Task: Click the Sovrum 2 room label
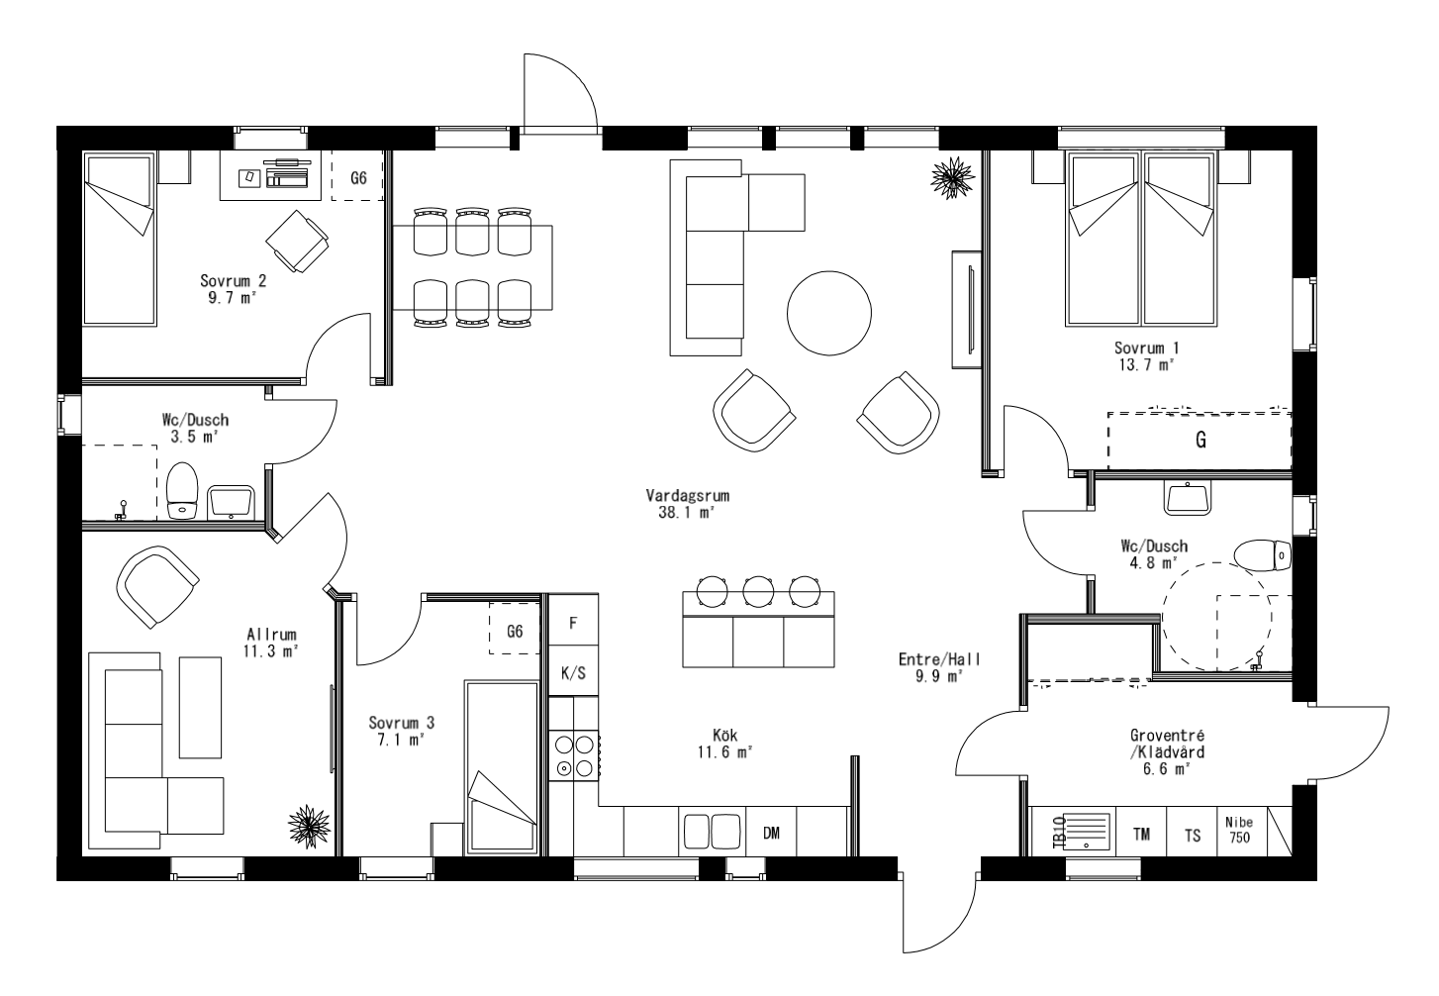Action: click(234, 287)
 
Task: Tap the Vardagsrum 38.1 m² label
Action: click(680, 504)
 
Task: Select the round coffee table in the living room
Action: click(830, 314)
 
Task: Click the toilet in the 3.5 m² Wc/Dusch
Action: click(183, 491)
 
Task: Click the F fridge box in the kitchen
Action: click(573, 624)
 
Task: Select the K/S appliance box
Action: click(573, 673)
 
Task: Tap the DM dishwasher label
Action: click(772, 833)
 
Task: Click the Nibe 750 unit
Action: click(1239, 831)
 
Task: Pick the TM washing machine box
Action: click(1141, 834)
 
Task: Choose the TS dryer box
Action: click(1192, 834)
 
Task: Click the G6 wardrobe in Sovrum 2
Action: click(358, 178)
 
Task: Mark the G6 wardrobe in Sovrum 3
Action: click(515, 631)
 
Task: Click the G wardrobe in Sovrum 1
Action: click(1199, 442)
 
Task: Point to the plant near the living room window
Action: click(952, 176)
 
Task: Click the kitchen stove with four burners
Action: click(574, 754)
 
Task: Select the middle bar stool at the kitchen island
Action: click(758, 591)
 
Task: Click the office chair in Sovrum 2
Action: click(296, 240)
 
